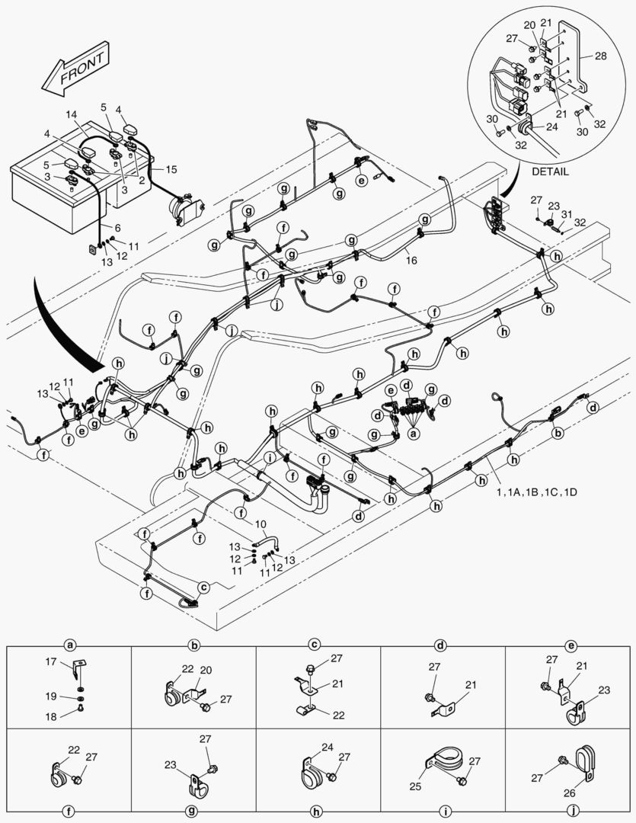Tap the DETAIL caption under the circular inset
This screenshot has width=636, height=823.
(x=550, y=171)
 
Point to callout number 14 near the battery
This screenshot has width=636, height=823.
(x=72, y=115)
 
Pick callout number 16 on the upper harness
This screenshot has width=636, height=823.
(x=411, y=260)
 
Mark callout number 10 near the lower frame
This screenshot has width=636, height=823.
(x=260, y=524)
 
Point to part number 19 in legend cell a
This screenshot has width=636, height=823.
(x=50, y=697)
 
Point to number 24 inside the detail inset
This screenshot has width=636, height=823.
(x=551, y=127)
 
